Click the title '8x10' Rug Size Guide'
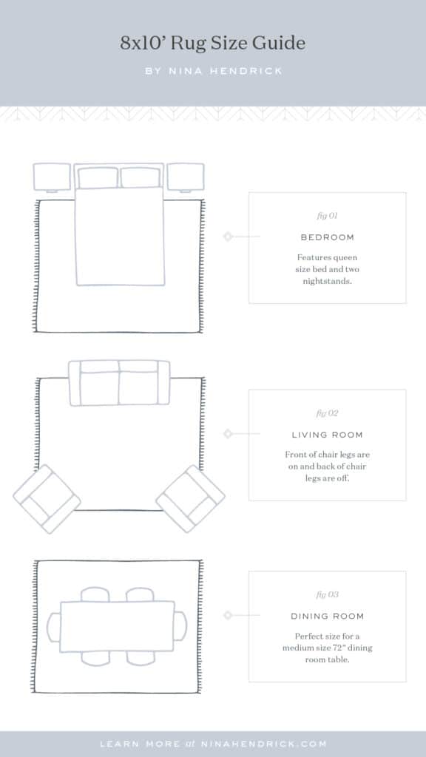point(213,44)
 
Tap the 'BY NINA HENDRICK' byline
point(213,72)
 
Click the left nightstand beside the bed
point(52,177)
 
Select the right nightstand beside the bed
point(185,177)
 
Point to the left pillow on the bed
point(98,177)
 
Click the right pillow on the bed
point(141,177)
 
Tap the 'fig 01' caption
point(327,217)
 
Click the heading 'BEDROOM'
point(327,237)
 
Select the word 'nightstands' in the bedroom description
point(327,282)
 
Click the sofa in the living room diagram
point(119,383)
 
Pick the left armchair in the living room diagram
point(47,499)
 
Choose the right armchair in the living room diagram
point(191,499)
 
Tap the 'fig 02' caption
point(327,413)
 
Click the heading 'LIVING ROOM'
point(327,435)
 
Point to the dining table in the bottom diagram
point(117,626)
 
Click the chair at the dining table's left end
point(53,626)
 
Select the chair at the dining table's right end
point(180,626)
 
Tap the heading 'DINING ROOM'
point(327,616)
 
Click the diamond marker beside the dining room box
point(228,615)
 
